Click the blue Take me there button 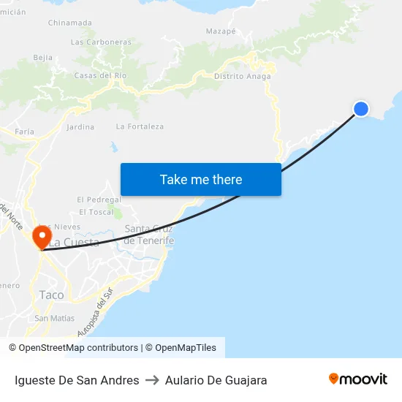click(201, 179)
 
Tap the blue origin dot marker click(361, 109)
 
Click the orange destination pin click(42, 237)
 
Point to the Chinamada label click(70, 23)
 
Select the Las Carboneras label click(101, 42)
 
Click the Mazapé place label click(221, 31)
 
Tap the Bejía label click(43, 57)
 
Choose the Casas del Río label click(101, 76)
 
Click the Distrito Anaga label click(243, 76)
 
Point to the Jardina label click(80, 127)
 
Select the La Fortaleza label click(140, 126)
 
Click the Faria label click(25, 132)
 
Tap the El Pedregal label click(99, 200)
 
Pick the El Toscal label click(96, 212)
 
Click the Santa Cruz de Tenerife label click(149, 235)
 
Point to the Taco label click(51, 295)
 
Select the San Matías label click(54, 318)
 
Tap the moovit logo click(358, 379)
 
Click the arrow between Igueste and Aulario click(152, 380)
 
